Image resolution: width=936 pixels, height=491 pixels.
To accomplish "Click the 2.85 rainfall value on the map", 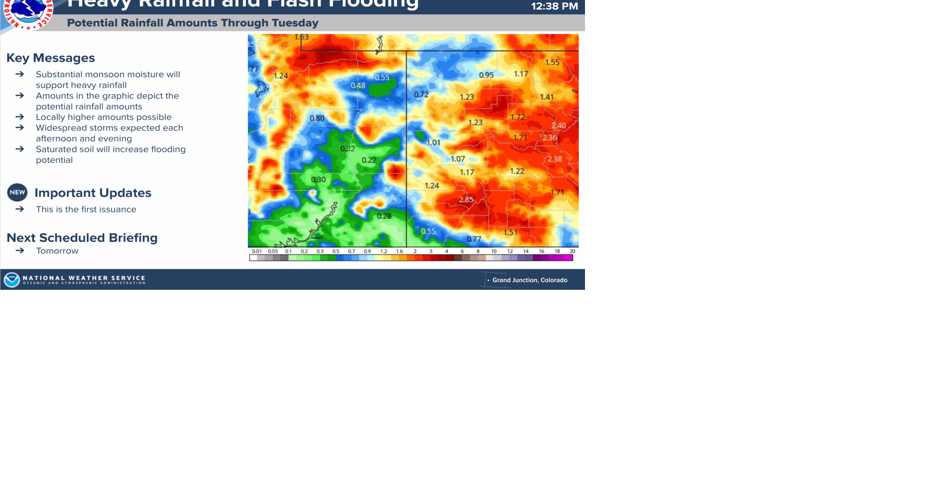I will [466, 200].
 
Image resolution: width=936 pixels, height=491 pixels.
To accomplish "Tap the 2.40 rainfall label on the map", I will [559, 126].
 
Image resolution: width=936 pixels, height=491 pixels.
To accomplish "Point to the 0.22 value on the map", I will [369, 160].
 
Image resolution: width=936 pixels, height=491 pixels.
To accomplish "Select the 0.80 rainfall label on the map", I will [317, 118].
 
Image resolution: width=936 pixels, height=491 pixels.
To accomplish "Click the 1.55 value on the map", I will [552, 62].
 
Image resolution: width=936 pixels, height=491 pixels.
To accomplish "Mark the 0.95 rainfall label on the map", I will [486, 75].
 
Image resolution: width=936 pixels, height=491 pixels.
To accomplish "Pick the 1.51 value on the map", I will [510, 232].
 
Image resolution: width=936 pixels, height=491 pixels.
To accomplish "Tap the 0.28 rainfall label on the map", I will [384, 216].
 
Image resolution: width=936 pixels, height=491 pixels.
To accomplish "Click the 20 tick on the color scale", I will [572, 251].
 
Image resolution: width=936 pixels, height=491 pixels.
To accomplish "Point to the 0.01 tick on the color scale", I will [257, 251].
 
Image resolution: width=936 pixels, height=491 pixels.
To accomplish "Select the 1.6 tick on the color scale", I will [399, 251].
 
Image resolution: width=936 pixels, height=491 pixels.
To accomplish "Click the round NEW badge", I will [17, 192].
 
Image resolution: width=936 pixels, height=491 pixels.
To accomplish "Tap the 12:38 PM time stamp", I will [554, 6].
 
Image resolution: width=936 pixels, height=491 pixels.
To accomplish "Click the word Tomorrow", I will [57, 251].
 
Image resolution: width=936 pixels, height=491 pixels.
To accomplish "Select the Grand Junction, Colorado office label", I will [529, 280].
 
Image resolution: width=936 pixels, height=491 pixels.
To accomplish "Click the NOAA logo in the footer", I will [12, 280].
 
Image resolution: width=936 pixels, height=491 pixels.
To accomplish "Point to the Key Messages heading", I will [51, 58].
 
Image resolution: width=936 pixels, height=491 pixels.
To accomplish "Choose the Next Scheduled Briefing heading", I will [82, 238].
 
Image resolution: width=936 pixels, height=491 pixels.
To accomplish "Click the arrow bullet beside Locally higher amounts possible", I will [20, 117].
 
